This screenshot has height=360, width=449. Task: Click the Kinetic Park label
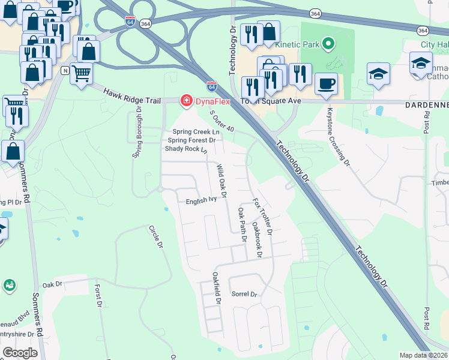point(297,44)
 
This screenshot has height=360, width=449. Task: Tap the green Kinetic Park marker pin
point(328,44)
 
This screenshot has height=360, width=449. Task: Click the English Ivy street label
point(200,200)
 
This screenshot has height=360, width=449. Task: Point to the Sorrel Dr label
point(244,295)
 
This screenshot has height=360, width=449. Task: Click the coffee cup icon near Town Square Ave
point(326,83)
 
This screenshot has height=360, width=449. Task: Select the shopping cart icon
point(81,73)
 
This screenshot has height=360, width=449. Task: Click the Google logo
point(20,353)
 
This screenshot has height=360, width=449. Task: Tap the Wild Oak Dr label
point(220,181)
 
